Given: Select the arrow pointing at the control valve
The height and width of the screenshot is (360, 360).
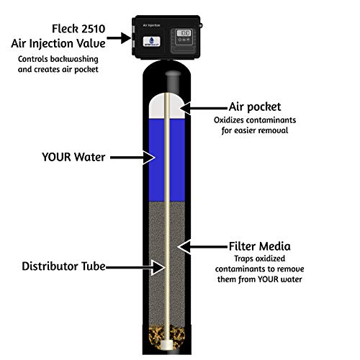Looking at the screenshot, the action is [119, 38].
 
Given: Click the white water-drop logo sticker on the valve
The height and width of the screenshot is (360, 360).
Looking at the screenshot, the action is [152, 41].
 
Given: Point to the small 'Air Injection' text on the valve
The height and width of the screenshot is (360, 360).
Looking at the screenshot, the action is [151, 25].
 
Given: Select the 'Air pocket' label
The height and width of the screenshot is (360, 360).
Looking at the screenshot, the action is [255, 107].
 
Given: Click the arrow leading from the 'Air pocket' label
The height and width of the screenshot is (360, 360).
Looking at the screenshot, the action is [204, 108].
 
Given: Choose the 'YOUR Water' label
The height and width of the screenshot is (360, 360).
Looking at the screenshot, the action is [73, 157].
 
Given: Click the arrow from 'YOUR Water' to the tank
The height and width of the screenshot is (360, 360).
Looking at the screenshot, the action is [132, 158].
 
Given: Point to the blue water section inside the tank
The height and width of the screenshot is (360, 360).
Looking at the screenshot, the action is [167, 161].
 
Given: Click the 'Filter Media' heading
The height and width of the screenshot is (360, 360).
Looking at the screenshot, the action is [259, 246].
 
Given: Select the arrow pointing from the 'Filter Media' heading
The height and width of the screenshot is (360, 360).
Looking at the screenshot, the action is [203, 246].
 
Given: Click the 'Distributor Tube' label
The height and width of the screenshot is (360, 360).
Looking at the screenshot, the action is [63, 266].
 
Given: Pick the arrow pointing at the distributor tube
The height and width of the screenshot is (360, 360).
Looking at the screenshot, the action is [135, 267].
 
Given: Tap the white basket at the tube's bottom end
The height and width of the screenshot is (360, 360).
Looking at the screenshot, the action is [167, 345].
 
